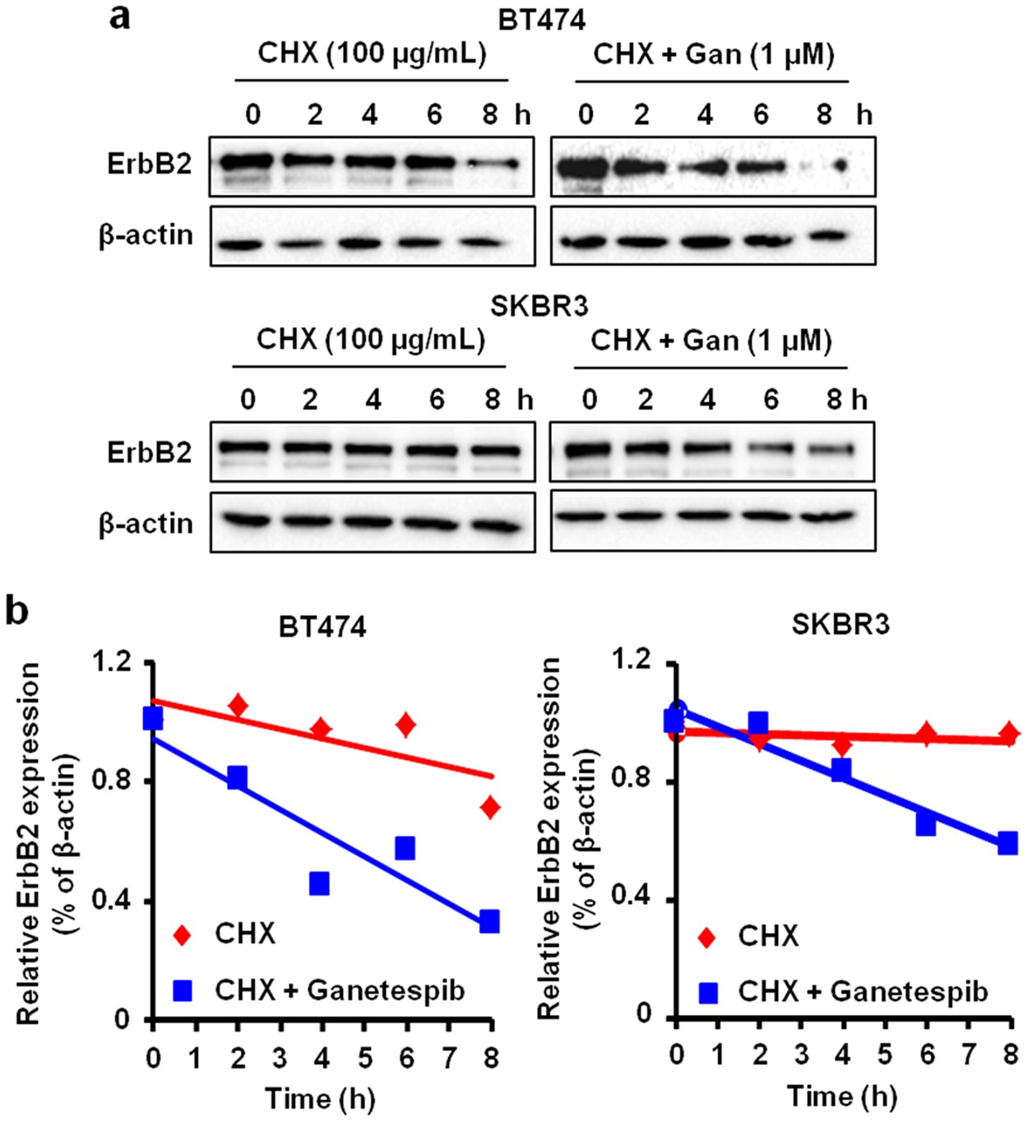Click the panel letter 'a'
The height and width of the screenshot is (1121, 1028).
pyautogui.click(x=120, y=16)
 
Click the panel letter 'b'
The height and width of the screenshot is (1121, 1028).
pyautogui.click(x=17, y=613)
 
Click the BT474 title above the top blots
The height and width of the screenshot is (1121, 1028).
pyautogui.click(x=541, y=20)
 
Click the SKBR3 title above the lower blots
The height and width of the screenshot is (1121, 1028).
pyautogui.click(x=539, y=307)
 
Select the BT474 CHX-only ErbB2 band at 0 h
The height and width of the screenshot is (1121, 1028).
pyautogui.click(x=246, y=161)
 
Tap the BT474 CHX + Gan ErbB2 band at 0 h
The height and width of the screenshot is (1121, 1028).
pyautogui.click(x=583, y=169)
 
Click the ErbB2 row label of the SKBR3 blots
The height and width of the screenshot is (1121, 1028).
pyautogui.click(x=149, y=452)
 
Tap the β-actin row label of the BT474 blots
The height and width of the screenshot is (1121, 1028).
pyautogui.click(x=146, y=236)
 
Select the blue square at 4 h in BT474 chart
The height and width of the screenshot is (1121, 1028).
pyautogui.click(x=319, y=884)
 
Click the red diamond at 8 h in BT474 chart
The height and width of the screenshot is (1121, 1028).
pyautogui.click(x=490, y=808)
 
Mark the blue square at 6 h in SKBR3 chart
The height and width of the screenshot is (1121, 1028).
pyautogui.click(x=926, y=824)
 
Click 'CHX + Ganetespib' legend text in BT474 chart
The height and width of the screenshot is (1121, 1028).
pyautogui.click(x=340, y=990)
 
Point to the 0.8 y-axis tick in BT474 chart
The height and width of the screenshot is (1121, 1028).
pyautogui.click(x=115, y=780)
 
